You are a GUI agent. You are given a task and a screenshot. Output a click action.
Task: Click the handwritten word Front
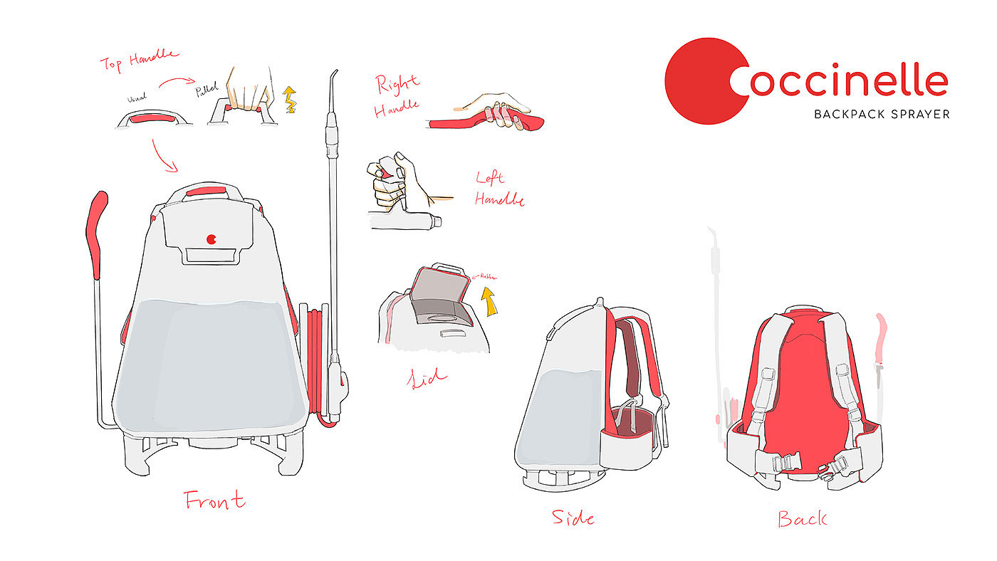214,500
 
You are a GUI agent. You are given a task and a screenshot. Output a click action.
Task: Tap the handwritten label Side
573,517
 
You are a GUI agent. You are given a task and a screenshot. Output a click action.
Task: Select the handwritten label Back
802,518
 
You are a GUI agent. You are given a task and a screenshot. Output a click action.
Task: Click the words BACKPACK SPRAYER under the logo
882,114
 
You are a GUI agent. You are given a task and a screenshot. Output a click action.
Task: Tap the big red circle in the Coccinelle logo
701,81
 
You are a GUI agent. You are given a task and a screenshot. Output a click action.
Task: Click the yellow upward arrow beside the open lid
488,300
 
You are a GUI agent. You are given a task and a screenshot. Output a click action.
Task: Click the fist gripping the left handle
392,182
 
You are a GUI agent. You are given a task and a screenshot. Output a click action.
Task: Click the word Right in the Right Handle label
397,84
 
